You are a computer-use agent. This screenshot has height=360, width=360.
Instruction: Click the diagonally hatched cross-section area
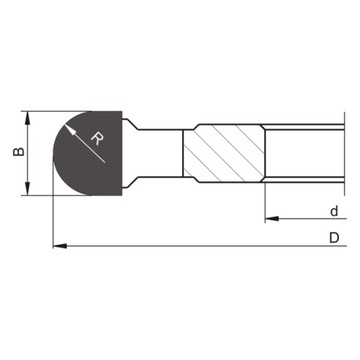pos(222,151)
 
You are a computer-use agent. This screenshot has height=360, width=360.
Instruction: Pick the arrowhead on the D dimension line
pos(56,244)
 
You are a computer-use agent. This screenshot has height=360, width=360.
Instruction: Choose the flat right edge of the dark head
pos(124,152)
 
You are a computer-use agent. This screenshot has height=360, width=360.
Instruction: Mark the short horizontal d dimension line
pos(300,217)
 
